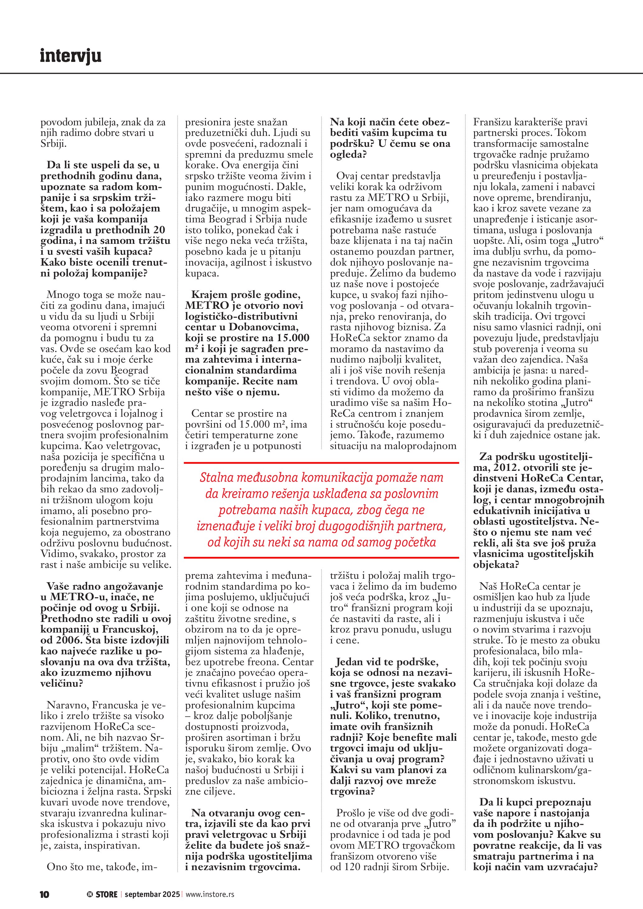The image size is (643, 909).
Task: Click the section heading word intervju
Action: tap(71, 56)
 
